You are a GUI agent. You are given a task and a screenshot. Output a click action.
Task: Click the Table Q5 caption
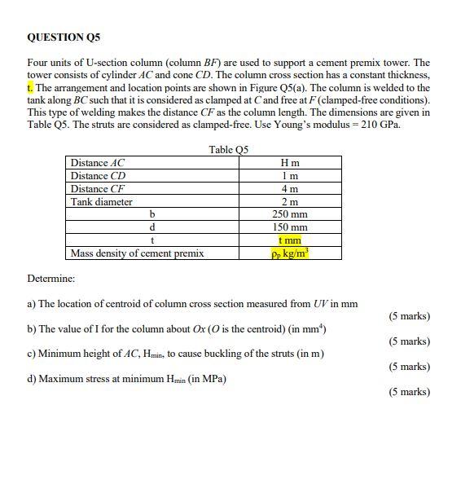pyautogui.click(x=228, y=149)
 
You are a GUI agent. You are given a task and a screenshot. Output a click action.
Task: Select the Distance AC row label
pyautogui.click(x=98, y=163)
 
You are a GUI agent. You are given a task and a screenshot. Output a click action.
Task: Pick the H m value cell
pyautogui.click(x=289, y=163)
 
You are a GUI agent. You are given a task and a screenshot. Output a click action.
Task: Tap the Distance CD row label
pyautogui.click(x=98, y=176)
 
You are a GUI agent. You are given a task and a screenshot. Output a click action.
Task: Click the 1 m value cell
pyautogui.click(x=289, y=176)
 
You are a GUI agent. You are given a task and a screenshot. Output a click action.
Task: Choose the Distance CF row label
pyautogui.click(x=98, y=189)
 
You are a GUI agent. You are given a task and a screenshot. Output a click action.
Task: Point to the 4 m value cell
pyautogui.click(x=289, y=189)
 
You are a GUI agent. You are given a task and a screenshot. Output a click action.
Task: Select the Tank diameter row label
pyautogui.click(x=102, y=202)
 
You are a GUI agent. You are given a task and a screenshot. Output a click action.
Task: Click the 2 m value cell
pyautogui.click(x=289, y=202)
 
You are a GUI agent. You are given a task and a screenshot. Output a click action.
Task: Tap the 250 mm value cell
pyautogui.click(x=289, y=214)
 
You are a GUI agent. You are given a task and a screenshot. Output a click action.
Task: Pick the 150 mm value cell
pyautogui.click(x=289, y=227)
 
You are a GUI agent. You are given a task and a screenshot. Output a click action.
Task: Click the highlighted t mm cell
pyautogui.click(x=289, y=240)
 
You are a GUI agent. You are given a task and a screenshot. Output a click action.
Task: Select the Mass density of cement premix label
pyautogui.click(x=137, y=253)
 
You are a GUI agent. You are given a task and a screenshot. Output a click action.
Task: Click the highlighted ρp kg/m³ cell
pyautogui.click(x=290, y=253)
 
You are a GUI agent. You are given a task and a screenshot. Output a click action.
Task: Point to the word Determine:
pyautogui.click(x=50, y=279)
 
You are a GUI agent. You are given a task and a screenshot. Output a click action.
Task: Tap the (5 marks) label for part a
pyautogui.click(x=409, y=316)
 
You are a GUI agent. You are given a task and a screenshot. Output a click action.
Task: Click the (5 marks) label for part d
pyautogui.click(x=409, y=392)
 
